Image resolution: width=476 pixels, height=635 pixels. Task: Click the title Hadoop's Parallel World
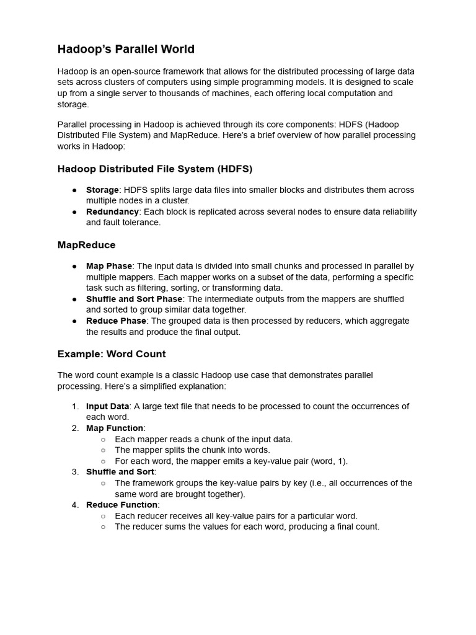[x=126, y=49]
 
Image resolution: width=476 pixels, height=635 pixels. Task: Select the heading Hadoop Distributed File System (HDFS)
[x=155, y=169]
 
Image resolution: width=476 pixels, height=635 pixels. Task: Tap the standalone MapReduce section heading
[x=86, y=245]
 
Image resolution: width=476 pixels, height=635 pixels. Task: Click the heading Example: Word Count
[x=112, y=354]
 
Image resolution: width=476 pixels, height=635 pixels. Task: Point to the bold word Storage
[x=102, y=190]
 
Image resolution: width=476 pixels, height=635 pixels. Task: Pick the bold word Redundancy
[x=112, y=211]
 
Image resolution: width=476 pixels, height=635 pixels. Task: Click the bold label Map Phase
[x=109, y=266]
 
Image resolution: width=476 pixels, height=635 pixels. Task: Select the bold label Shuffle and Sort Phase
[x=134, y=299]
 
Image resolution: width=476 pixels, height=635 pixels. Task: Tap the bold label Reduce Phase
[x=116, y=321]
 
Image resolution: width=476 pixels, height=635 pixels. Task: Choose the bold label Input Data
[x=107, y=406]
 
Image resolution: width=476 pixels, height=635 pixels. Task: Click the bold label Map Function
[x=115, y=428]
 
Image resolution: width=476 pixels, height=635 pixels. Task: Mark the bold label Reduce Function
[x=121, y=505]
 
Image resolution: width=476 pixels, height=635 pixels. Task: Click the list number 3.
[x=74, y=472]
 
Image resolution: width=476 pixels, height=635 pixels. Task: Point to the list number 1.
[x=74, y=406]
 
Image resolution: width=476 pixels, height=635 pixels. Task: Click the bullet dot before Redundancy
[x=74, y=211]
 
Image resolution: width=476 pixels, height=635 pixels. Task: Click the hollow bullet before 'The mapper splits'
[x=104, y=450]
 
